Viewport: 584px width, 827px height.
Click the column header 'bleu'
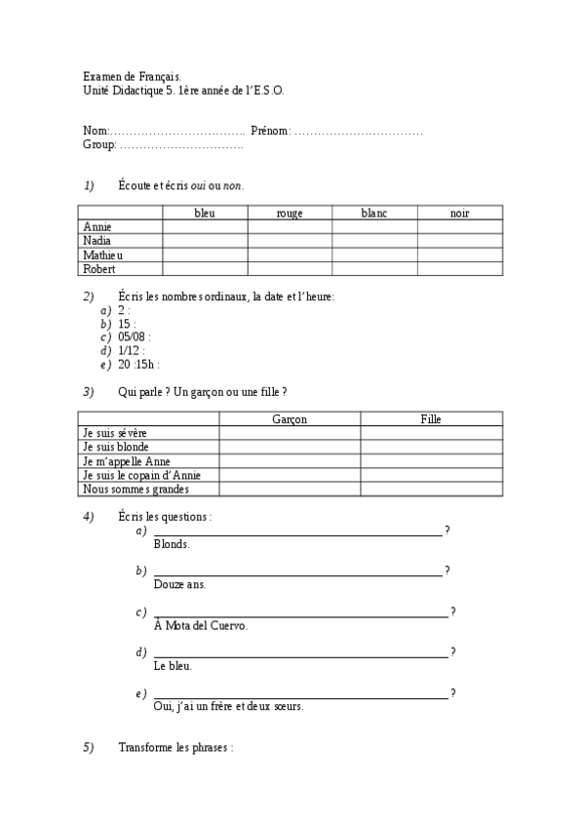pos(205,213)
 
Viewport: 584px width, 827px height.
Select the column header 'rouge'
pos(290,213)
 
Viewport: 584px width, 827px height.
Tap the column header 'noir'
pos(459,213)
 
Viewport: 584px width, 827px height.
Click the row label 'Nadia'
pos(97,240)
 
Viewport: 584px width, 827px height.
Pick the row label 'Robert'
pos(99,268)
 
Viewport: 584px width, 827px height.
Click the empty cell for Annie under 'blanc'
pos(374,226)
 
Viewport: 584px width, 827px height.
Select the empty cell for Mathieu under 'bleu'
pos(205,255)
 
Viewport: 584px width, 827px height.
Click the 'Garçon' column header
pos(289,418)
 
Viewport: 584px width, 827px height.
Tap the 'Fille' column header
pos(431,418)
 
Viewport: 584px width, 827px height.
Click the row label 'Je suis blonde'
pos(118,447)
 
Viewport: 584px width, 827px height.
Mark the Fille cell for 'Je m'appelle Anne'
pos(431,461)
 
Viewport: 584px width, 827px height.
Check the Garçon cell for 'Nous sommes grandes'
pos(289,490)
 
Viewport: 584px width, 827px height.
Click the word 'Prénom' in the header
pos(269,131)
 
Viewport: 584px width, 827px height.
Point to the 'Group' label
pos(99,145)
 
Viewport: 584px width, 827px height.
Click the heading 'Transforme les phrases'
pos(175,748)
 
